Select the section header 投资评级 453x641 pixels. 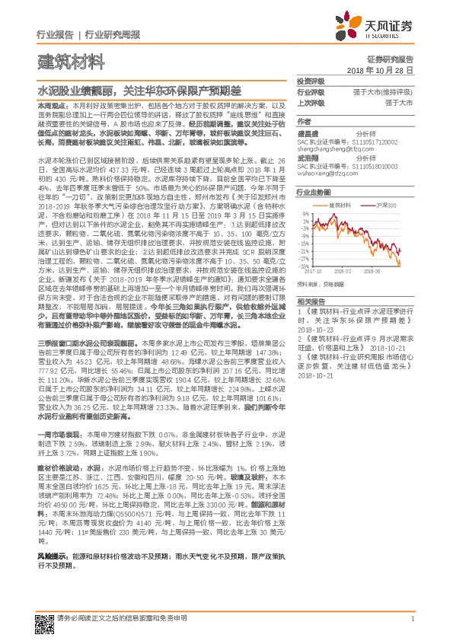(x=311, y=80)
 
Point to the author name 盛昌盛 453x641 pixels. (x=308, y=132)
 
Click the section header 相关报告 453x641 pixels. (x=311, y=301)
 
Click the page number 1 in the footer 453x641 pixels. (x=412, y=617)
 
